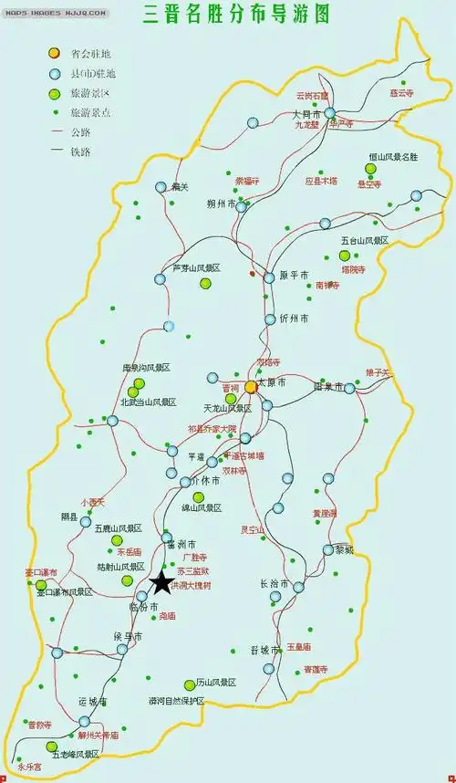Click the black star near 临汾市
pos(161,583)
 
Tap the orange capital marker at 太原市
pos(251,387)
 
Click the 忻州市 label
pos(294,319)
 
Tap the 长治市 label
pos(275,583)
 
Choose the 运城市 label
pos(93,702)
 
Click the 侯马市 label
pos(129,636)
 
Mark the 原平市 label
pos(294,277)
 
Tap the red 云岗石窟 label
pos(313,95)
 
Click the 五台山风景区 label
pos(365,241)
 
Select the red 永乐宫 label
pos(29,768)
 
